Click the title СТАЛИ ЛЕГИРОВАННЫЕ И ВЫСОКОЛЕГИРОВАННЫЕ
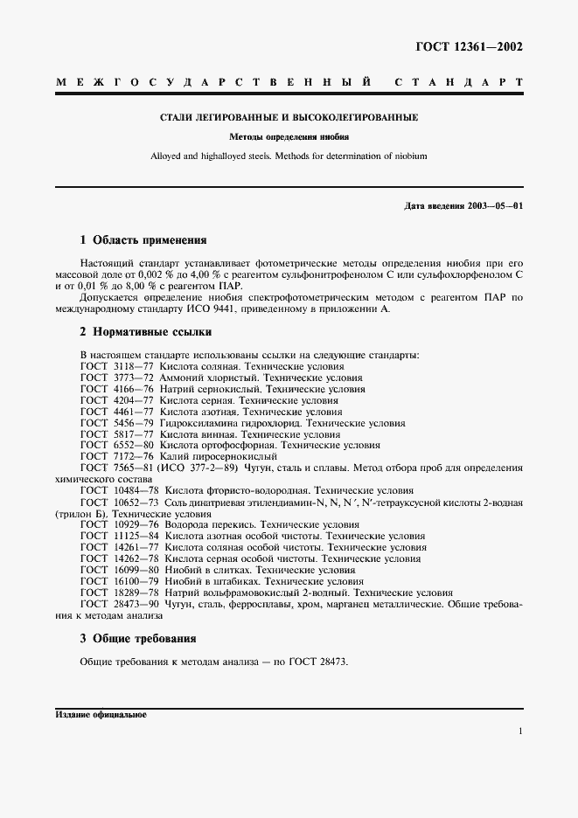coord(289,117)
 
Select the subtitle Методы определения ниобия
coord(289,137)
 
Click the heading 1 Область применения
coord(143,239)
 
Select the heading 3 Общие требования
coord(137,638)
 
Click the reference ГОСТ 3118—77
coord(117,366)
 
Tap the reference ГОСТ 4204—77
coord(117,400)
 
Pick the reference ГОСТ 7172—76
coord(117,456)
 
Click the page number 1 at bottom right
coord(520,731)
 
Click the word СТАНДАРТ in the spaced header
coord(459,83)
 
